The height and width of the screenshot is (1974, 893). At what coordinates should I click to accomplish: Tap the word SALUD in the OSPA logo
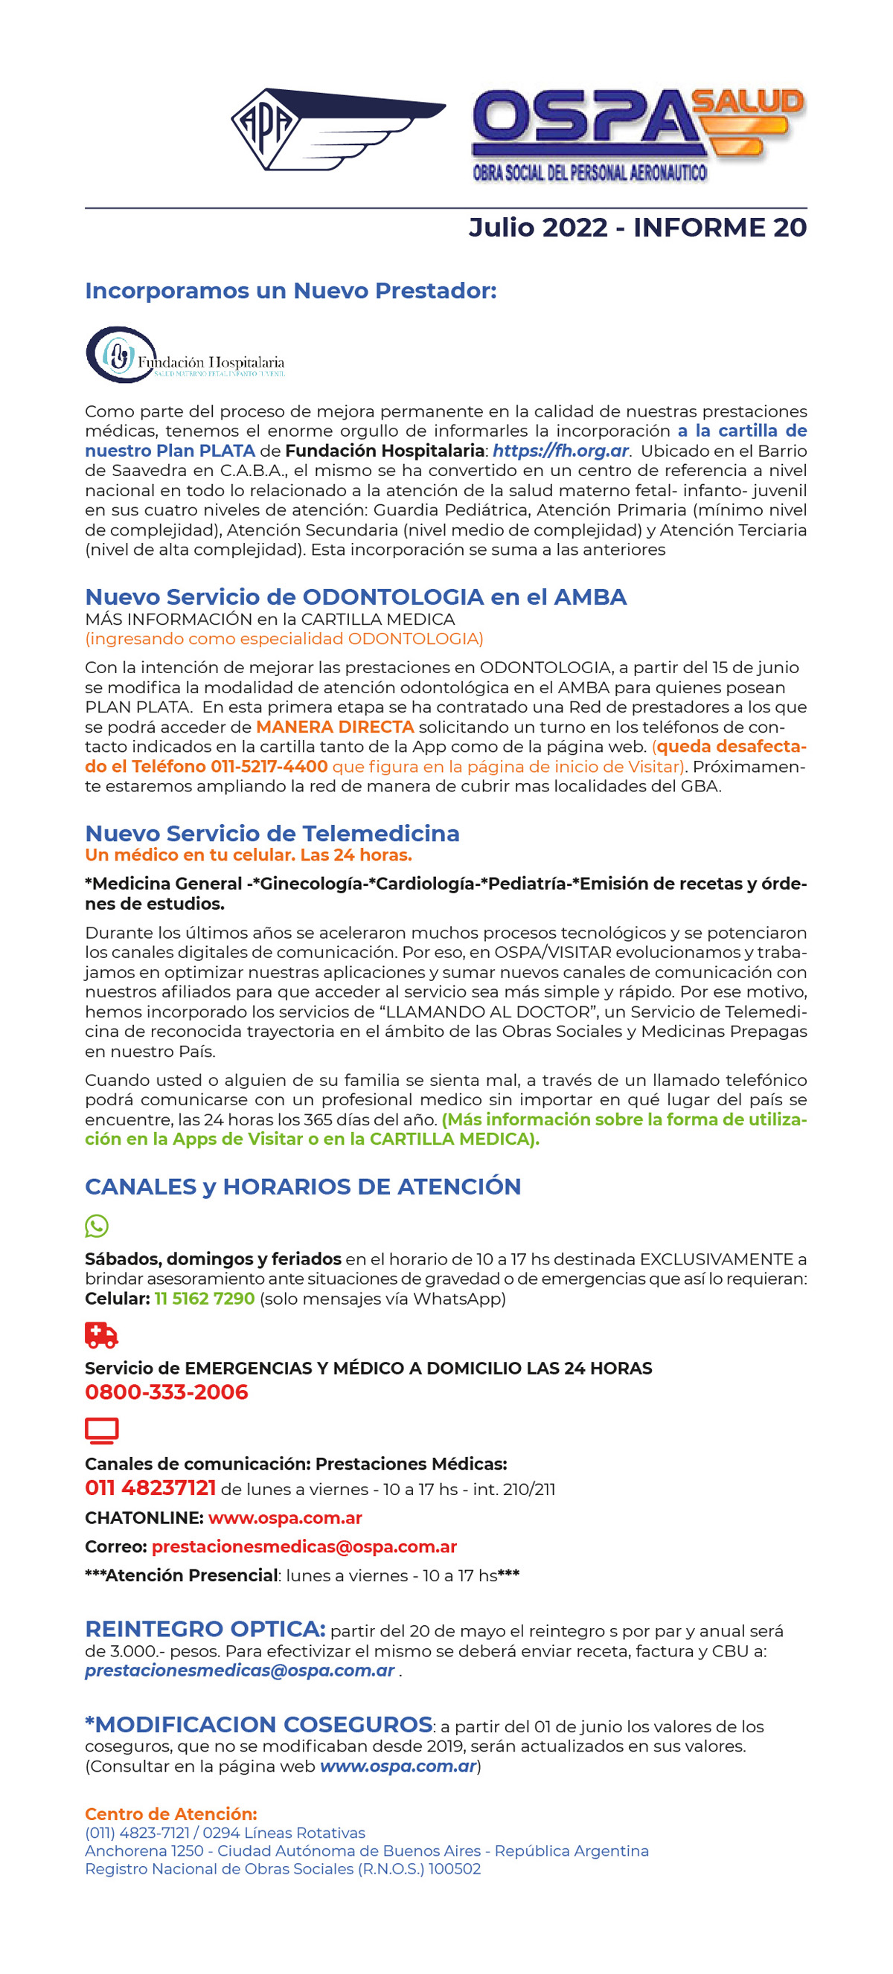tap(746, 103)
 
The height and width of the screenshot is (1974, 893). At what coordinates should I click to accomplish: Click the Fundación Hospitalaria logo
tap(185, 356)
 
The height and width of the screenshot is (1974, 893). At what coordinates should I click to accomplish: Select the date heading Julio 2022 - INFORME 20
tap(637, 228)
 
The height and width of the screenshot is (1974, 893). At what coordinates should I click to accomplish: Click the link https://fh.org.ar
tap(560, 451)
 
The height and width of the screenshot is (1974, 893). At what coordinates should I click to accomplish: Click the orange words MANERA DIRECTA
tap(335, 727)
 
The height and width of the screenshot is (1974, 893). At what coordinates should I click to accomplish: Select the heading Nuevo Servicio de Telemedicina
tap(272, 833)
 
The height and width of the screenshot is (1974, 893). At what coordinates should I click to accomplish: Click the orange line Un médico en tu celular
tap(249, 855)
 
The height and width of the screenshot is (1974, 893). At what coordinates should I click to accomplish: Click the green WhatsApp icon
tap(97, 1226)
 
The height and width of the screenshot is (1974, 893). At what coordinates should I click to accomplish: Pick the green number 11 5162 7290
tap(205, 1298)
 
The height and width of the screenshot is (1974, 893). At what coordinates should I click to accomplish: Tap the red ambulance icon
tap(101, 1335)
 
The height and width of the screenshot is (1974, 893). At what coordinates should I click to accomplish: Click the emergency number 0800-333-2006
tap(167, 1392)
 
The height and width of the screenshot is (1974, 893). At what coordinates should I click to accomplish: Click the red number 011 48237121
tap(150, 1488)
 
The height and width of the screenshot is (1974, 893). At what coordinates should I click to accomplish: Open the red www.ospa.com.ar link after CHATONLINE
tap(285, 1518)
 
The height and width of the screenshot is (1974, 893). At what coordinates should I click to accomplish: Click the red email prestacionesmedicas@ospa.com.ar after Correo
tap(304, 1546)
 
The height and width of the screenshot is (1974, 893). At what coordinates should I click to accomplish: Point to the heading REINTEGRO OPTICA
tap(205, 1628)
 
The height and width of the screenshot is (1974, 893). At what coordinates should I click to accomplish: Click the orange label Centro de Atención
tap(171, 1814)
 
